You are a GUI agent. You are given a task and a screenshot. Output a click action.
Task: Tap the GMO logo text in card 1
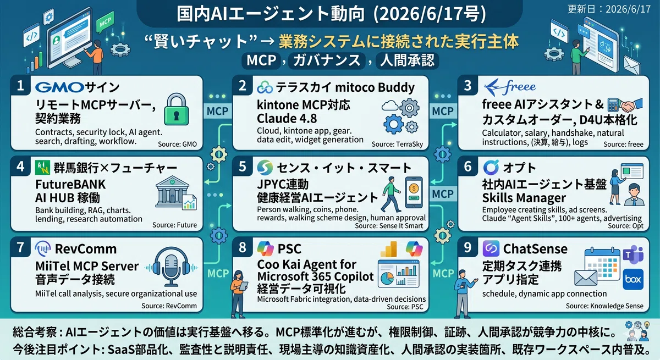coord(59,87)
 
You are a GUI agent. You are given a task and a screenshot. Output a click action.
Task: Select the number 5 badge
coord(242,167)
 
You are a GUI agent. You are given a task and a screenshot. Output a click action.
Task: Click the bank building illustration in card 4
coord(173,191)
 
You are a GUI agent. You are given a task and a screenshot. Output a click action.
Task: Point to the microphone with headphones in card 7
coord(171,267)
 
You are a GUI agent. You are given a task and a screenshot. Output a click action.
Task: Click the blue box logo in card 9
coord(633,279)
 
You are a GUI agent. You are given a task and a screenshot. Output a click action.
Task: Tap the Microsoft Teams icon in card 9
coord(633,254)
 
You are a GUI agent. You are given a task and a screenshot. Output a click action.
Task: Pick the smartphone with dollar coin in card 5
coord(414,192)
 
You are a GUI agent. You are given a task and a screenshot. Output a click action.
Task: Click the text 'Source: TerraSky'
coord(397,144)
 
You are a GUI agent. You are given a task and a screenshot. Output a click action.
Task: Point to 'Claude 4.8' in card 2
coord(287,119)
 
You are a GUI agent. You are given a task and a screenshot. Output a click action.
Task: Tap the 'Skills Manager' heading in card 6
coord(524,198)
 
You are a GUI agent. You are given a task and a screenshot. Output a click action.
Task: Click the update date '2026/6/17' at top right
coord(628,9)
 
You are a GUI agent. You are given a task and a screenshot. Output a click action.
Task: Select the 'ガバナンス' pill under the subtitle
coord(327,60)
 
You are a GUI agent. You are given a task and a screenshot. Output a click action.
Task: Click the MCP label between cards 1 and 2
coord(217,111)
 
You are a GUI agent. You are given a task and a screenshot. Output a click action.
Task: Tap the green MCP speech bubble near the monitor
coord(105,23)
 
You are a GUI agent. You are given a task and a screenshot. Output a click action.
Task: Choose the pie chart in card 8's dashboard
coord(387,278)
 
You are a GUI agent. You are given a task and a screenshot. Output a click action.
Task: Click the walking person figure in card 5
coord(391,194)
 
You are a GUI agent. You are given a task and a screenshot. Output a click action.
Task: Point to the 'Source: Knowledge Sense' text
coord(604,306)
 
